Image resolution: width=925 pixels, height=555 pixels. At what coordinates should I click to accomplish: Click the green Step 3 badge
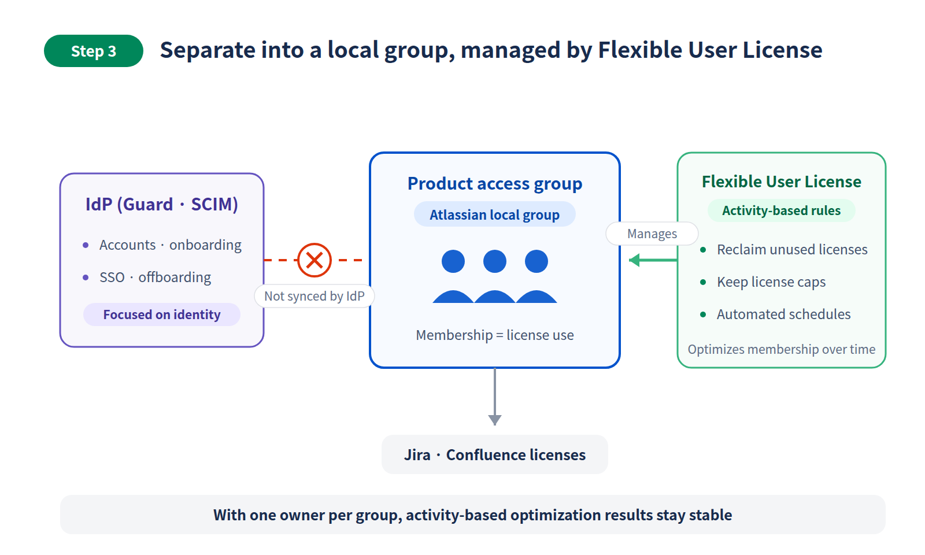click(93, 51)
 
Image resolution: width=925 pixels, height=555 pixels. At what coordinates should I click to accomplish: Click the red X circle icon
click(314, 260)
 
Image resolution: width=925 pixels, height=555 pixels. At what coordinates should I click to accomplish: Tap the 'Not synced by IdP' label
click(314, 296)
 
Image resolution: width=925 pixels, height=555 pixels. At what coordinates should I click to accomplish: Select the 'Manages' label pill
click(652, 234)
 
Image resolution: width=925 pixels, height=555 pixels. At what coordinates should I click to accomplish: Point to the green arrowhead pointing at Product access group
click(634, 260)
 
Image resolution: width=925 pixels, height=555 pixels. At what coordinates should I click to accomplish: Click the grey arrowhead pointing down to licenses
click(495, 420)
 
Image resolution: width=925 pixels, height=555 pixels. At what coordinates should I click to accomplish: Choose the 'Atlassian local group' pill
click(495, 214)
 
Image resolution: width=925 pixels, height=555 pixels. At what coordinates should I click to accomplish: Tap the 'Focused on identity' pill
click(162, 314)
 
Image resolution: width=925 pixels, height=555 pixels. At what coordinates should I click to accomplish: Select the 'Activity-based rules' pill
click(781, 210)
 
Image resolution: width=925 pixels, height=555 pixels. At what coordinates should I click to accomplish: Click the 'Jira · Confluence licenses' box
click(495, 454)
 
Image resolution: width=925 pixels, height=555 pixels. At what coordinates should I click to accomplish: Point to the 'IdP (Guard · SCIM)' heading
click(162, 205)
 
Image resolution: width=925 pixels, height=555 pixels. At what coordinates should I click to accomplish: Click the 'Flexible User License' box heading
click(781, 182)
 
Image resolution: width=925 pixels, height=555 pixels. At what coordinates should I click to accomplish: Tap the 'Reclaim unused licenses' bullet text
click(792, 249)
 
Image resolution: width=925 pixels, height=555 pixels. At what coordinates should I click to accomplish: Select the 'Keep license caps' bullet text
click(771, 282)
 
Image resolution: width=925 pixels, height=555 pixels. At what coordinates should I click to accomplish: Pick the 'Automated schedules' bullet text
click(783, 314)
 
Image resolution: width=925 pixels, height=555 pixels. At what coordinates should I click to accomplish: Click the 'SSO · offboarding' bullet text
click(156, 277)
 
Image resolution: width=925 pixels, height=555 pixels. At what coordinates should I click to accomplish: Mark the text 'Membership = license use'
click(495, 335)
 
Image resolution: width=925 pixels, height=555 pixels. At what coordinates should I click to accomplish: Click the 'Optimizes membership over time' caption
click(781, 349)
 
